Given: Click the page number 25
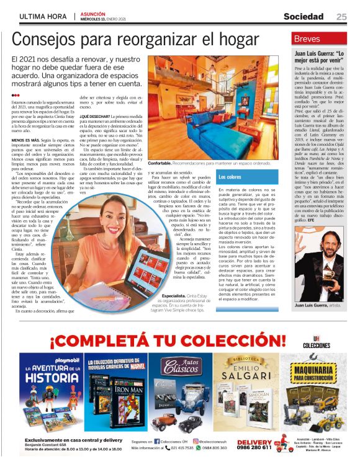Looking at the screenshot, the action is pyautogui.click(x=341, y=16).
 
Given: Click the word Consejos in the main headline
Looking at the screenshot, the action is pyautogui.click(x=47, y=39).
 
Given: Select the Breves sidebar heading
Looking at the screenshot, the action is pyautogui.click(x=308, y=39).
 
